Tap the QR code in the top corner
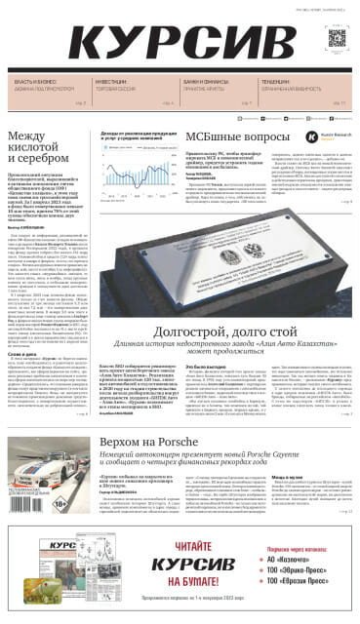click(x=337, y=39)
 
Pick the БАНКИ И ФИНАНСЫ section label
click(x=206, y=82)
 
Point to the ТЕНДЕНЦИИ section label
click(x=282, y=82)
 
